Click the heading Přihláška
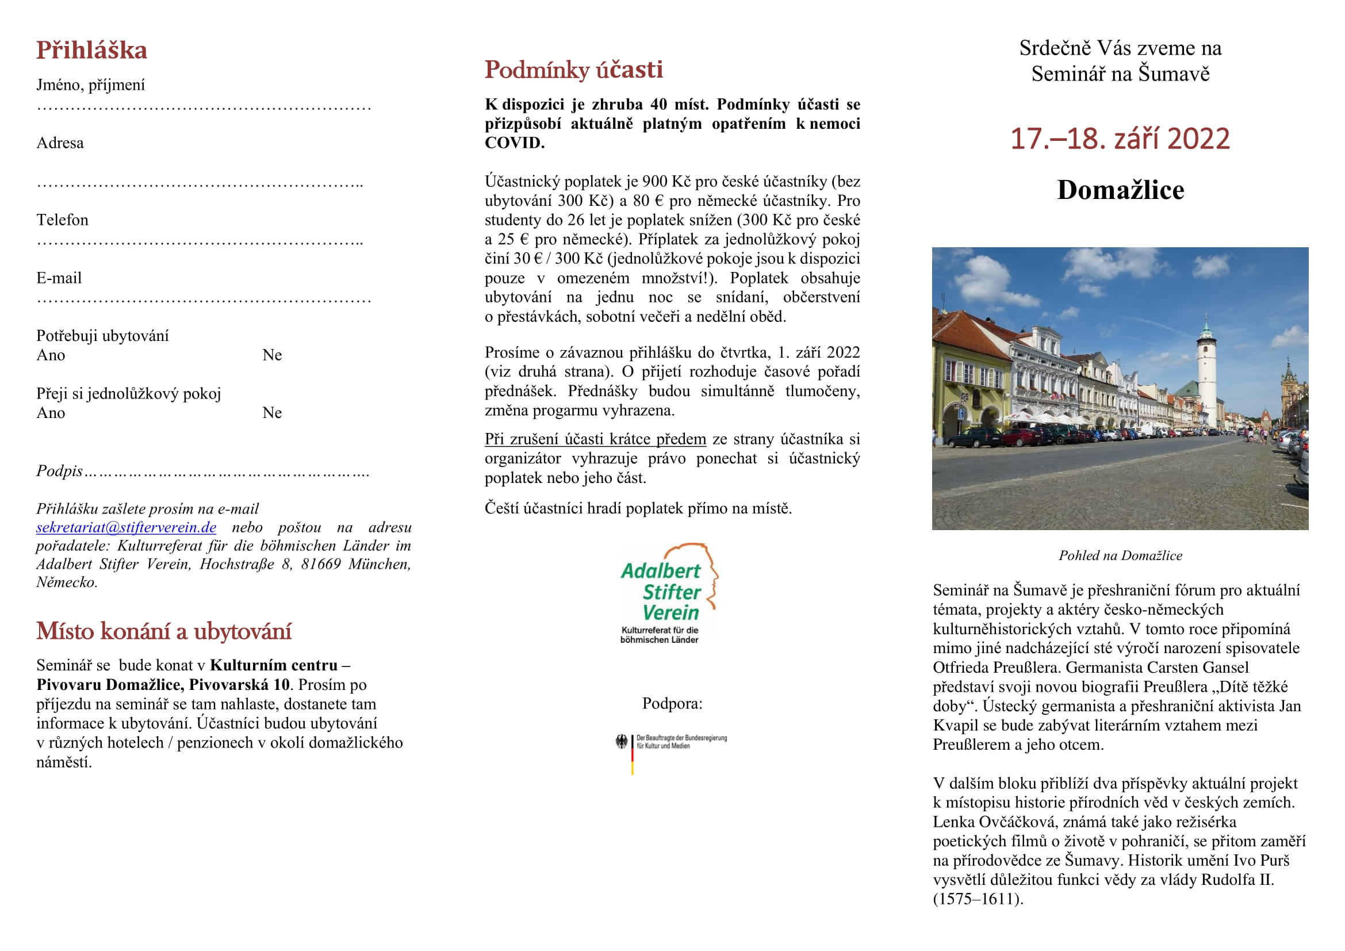point(91,51)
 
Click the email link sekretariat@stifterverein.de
point(126,528)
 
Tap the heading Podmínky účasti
point(573,70)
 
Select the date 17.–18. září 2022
point(1120,139)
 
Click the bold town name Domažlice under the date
point(1120,190)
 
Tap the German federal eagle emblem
point(621,742)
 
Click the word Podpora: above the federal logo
point(672,703)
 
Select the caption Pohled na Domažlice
point(1120,556)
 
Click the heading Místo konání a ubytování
point(163,632)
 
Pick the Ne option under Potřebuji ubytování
point(272,355)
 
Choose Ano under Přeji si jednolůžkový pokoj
point(51,413)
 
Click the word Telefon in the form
point(62,220)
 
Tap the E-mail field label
point(59,278)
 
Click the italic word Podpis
point(59,471)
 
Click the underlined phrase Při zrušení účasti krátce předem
point(595,439)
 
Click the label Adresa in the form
point(60,143)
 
